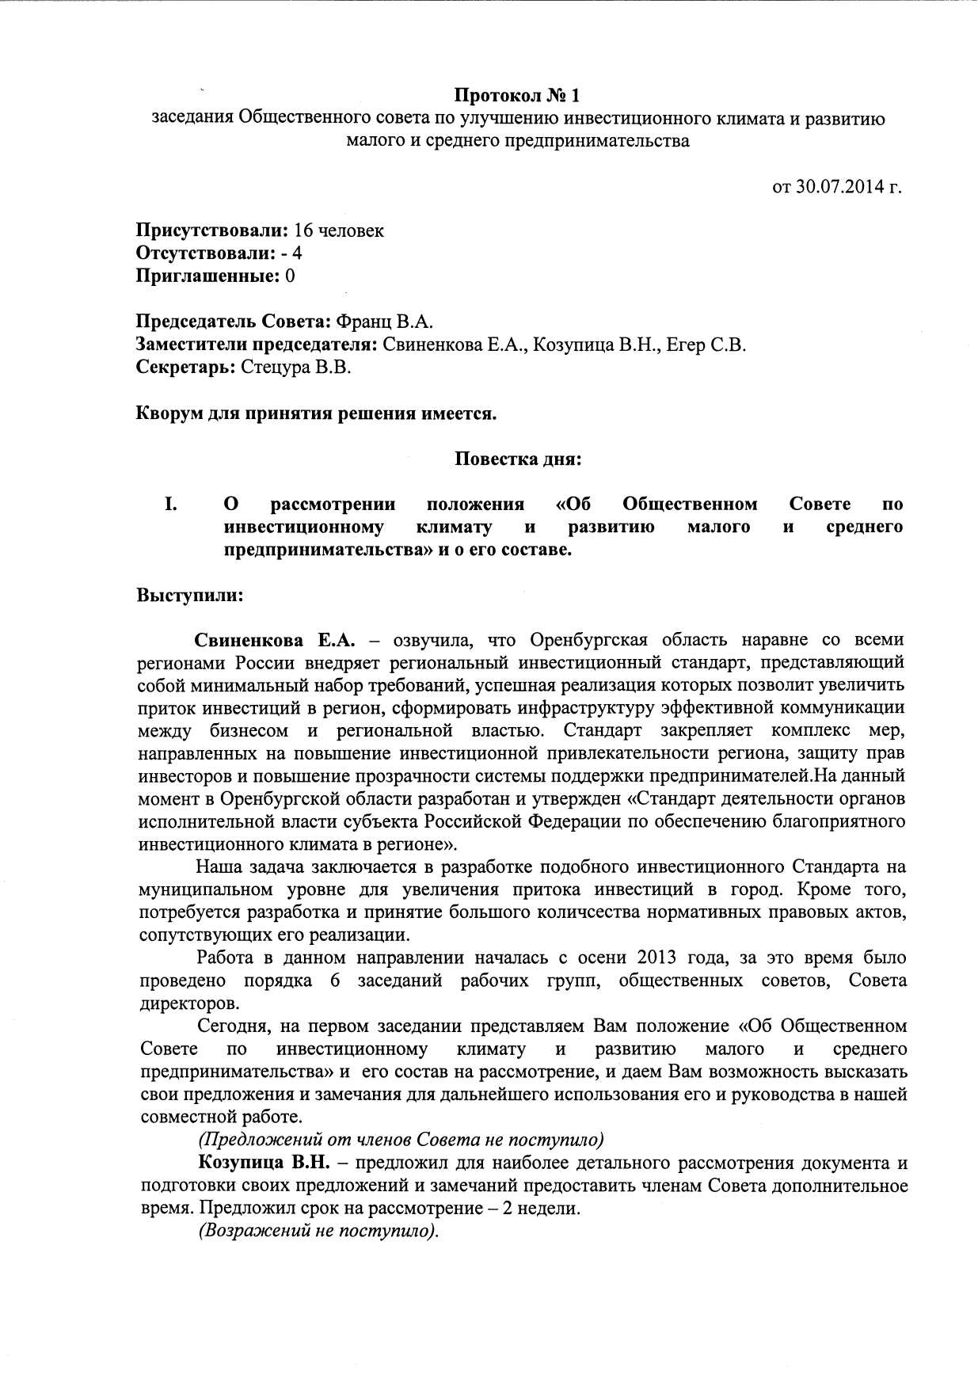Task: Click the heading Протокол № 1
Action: [516, 96]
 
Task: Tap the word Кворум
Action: [169, 413]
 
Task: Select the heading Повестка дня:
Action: [518, 459]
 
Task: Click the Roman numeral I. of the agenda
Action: [170, 505]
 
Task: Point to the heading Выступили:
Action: [190, 596]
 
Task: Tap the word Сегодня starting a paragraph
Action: [233, 1026]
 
